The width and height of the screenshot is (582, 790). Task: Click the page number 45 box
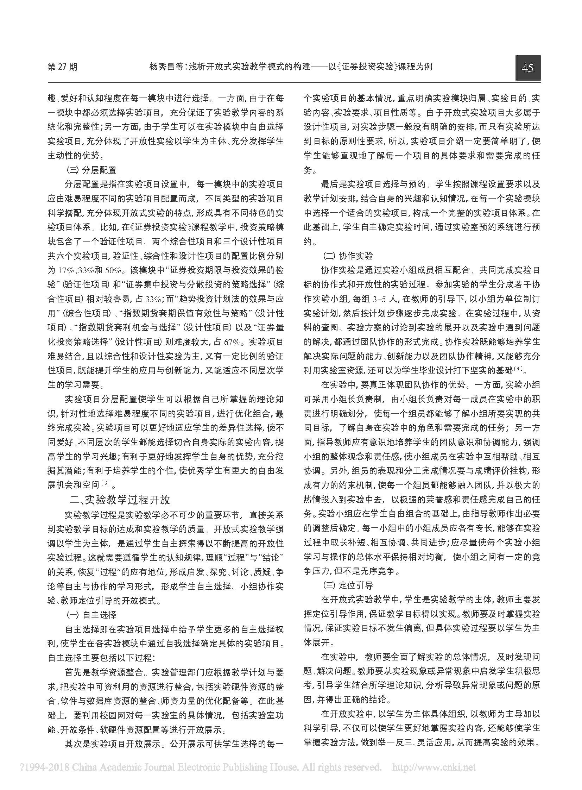(x=527, y=68)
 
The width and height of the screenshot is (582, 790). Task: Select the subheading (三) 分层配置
(x=91, y=170)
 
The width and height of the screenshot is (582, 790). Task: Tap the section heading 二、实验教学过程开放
(x=120, y=500)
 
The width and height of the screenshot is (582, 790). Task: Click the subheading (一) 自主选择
(x=91, y=615)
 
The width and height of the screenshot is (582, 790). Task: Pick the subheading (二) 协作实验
(x=348, y=256)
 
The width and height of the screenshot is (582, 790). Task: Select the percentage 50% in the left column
(x=114, y=270)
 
